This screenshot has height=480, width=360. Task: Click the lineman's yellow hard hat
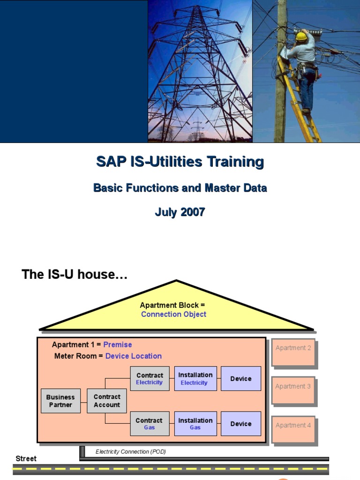[x=301, y=37]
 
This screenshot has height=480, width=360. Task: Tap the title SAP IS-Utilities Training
[x=180, y=162]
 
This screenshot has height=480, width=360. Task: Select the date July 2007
[x=180, y=212]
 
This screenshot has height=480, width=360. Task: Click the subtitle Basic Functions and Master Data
[x=180, y=187]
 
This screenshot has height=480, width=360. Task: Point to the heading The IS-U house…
[x=75, y=274]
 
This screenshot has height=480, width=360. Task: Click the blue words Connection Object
[x=173, y=314]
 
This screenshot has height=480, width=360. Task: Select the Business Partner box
[x=60, y=401]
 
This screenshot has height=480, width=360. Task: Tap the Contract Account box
[x=107, y=401]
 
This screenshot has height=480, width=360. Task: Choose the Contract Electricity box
[x=150, y=378]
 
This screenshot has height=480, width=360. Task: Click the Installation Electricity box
[x=195, y=378]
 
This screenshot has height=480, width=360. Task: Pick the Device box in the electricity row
[x=241, y=378]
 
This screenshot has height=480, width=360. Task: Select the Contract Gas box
[x=150, y=424]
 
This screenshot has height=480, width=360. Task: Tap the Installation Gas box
[x=195, y=424]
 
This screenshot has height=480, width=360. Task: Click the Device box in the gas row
[x=241, y=424]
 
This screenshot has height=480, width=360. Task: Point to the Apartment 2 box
[x=293, y=352]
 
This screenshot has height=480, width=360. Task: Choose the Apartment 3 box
[x=293, y=390]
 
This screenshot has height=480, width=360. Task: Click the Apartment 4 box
[x=293, y=429]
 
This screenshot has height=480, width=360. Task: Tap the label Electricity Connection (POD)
[x=131, y=451]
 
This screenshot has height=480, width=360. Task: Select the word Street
[x=26, y=458]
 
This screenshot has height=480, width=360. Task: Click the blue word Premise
[x=118, y=345]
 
